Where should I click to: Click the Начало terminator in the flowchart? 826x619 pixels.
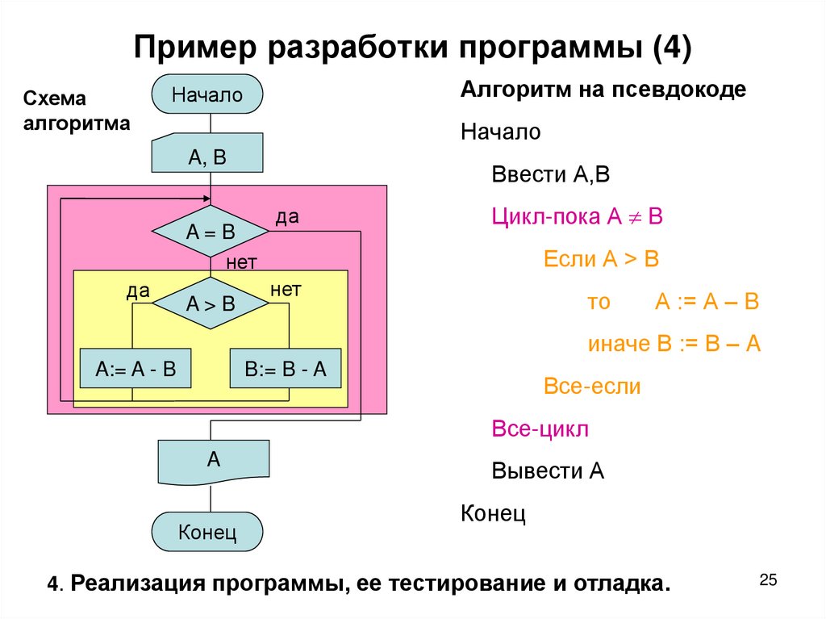pyautogui.click(x=207, y=94)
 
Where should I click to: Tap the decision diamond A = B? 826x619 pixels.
pyautogui.click(x=210, y=232)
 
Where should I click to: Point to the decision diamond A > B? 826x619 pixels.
pyautogui.click(x=210, y=303)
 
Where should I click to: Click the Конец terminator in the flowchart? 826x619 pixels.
pyautogui.click(x=207, y=533)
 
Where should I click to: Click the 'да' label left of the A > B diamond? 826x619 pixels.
pyautogui.click(x=138, y=291)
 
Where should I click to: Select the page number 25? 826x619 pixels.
pyautogui.click(x=768, y=579)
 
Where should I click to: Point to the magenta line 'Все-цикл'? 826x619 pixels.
pyautogui.click(x=540, y=428)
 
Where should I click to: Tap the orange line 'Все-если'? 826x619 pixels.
pyautogui.click(x=592, y=386)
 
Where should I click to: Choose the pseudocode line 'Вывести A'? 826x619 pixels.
pyautogui.click(x=548, y=471)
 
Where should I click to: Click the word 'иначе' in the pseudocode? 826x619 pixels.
pyautogui.click(x=619, y=344)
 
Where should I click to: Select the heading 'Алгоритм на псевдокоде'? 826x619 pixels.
pyautogui.click(x=603, y=89)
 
